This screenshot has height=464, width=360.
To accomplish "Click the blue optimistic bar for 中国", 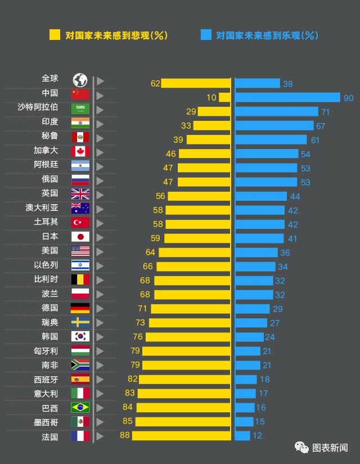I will click(287, 97).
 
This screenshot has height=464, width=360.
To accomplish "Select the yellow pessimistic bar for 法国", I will click(181, 436).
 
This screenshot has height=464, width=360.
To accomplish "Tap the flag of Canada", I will click(80, 151).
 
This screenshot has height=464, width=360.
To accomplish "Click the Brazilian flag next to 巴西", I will click(80, 407).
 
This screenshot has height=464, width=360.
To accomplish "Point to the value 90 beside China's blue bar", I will click(348, 98).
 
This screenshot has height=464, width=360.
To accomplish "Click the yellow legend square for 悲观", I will click(55, 35).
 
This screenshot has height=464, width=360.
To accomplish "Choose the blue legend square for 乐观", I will click(206, 35).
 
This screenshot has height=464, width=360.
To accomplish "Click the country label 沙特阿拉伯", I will click(38, 107).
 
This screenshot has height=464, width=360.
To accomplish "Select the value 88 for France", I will click(124, 436).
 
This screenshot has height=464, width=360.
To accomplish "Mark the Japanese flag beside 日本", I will click(80, 237).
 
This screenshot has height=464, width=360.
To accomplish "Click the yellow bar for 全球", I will click(196, 83).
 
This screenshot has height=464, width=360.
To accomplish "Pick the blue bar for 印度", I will click(274, 125).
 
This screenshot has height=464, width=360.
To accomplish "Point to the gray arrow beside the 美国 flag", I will click(100, 251).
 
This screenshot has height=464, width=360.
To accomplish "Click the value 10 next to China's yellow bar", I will click(211, 98).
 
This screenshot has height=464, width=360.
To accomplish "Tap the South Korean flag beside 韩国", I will click(80, 336).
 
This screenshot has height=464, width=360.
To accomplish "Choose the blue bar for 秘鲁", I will click(271, 139).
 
